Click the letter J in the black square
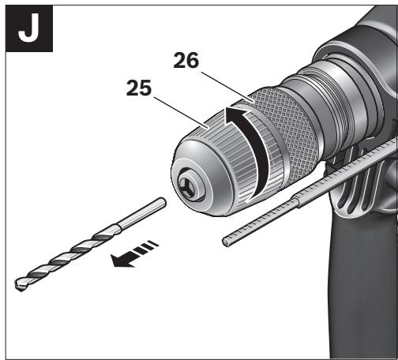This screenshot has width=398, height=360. pyautogui.click(x=29, y=28)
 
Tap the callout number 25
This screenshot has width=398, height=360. pyautogui.click(x=139, y=88)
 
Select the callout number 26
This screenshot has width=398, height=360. pyautogui.click(x=186, y=61)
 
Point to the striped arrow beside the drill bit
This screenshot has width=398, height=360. pyautogui.click(x=134, y=254)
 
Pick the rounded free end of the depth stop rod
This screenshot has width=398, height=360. pyautogui.click(x=226, y=242)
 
